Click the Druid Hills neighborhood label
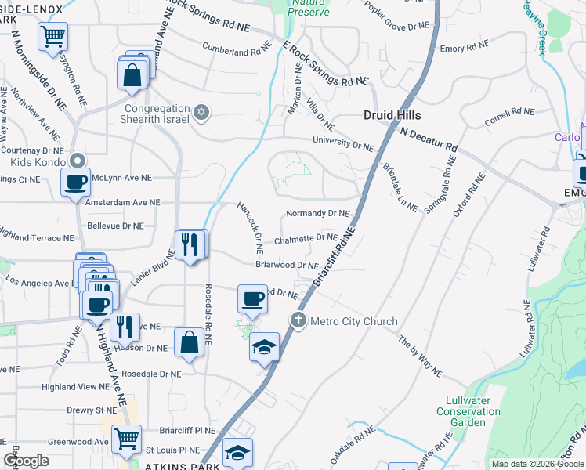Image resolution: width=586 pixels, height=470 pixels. click(394, 115)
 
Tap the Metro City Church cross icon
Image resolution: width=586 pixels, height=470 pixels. click(298, 320)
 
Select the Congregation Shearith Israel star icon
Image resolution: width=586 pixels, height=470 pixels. click(201, 114)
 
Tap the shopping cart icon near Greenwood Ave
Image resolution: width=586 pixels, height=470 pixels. click(126, 439)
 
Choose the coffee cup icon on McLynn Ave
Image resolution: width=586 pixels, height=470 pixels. click(76, 183)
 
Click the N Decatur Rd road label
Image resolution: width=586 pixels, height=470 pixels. click(429, 139)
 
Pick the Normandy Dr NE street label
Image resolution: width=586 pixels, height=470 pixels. click(317, 213)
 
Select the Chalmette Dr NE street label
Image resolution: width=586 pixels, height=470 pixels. click(306, 238)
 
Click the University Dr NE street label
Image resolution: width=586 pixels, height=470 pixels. click(343, 143)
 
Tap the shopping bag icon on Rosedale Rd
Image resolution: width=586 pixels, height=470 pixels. click(190, 343)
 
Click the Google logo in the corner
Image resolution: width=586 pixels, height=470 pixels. click(27, 461)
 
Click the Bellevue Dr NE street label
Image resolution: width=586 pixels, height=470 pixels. click(115, 226)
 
